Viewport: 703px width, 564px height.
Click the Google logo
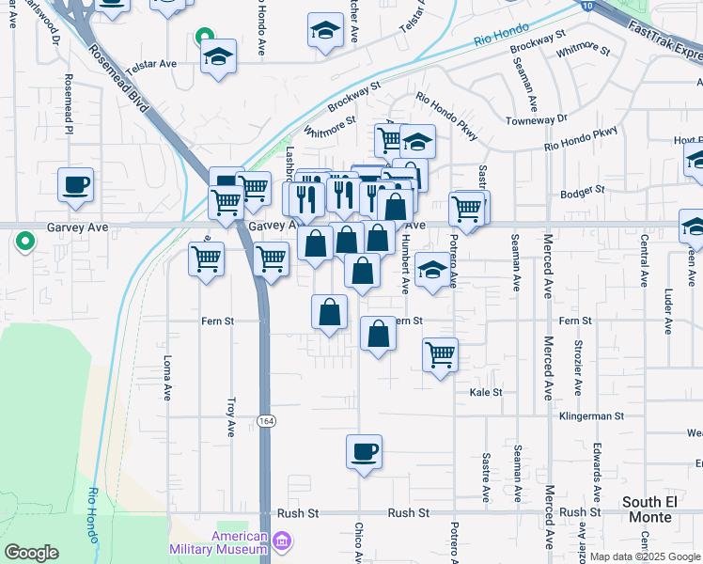31,553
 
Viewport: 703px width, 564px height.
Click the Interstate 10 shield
586,6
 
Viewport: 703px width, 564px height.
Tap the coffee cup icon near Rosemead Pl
75,184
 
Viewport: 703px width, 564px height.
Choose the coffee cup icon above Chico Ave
364,452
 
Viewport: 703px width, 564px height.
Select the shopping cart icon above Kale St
440,355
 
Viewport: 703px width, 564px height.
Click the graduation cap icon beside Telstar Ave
218,55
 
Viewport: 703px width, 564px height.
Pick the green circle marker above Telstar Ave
202,39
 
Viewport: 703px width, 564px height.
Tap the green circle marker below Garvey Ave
23,242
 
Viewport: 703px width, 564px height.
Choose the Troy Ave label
231,416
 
